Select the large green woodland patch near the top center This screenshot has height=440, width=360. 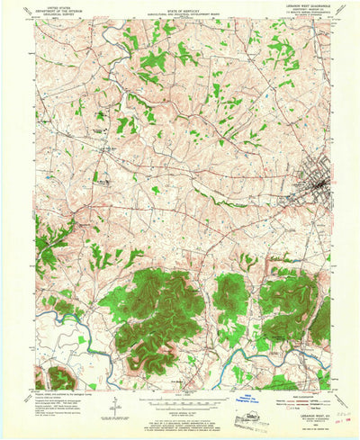[153, 61]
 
